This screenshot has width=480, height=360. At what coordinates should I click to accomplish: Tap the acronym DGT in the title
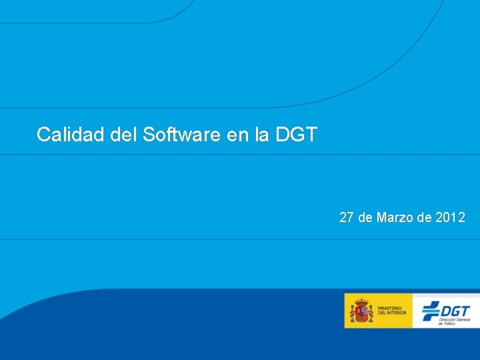(296, 135)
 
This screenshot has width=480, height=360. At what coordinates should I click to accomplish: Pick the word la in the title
(262, 135)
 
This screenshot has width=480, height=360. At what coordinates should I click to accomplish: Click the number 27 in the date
(347, 217)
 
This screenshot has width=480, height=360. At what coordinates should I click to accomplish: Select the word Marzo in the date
(395, 217)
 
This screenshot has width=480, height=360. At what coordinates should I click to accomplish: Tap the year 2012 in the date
(450, 217)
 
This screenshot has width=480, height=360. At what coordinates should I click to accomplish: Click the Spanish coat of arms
(361, 311)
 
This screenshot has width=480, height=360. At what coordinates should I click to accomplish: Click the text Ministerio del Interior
(391, 311)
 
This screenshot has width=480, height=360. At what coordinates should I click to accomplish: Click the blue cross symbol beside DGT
(431, 311)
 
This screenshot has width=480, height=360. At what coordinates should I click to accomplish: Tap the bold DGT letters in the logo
(455, 310)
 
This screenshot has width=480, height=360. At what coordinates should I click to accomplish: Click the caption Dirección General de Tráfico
(455, 322)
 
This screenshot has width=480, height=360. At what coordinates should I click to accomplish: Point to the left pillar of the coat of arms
(354, 313)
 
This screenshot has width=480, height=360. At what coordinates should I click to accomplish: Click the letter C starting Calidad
(43, 135)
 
